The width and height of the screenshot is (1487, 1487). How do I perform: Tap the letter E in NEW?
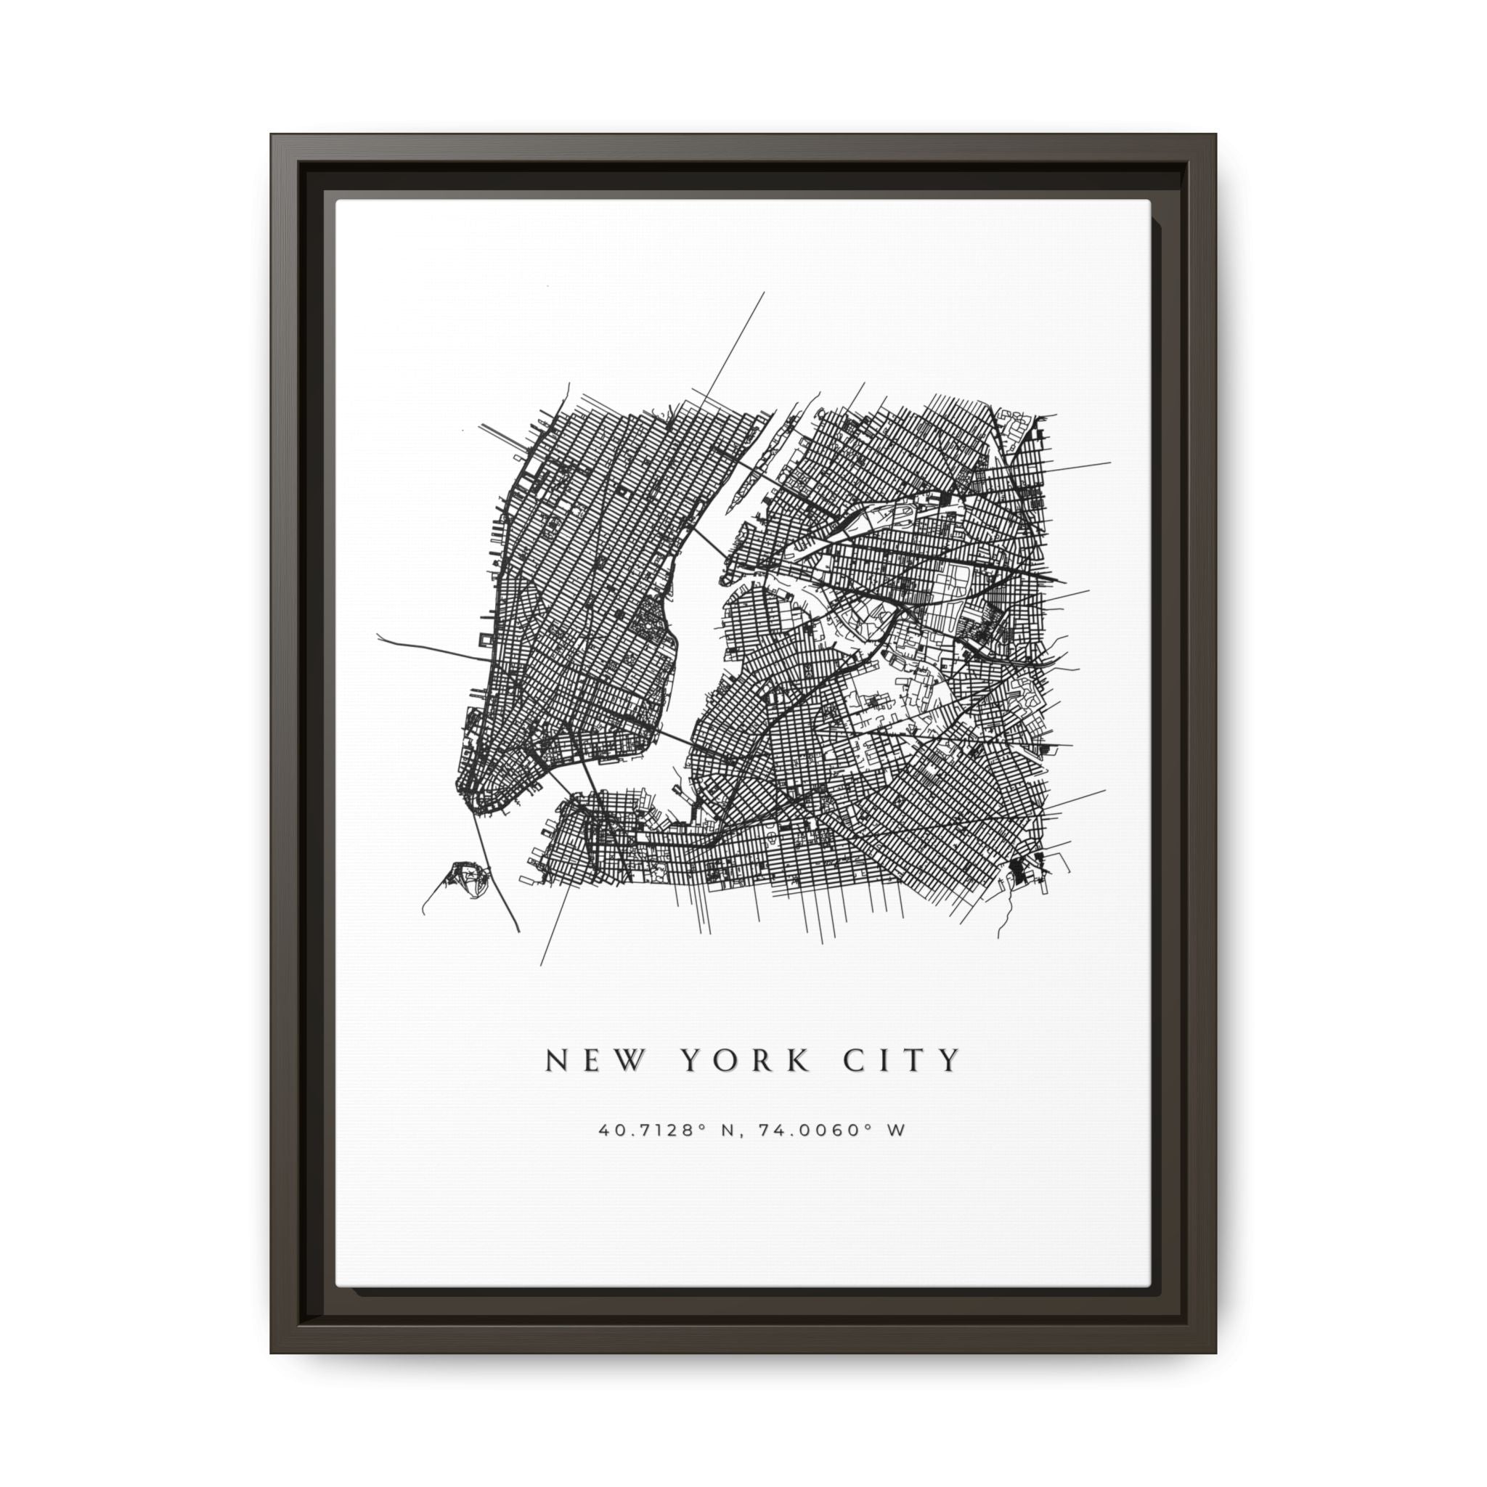pyautogui.click(x=590, y=1061)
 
